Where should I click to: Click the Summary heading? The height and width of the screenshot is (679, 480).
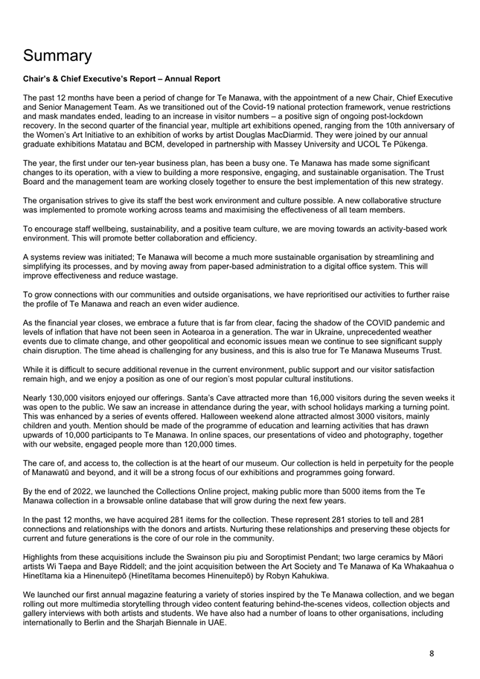57,56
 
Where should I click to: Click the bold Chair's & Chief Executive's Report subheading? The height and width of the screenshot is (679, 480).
121,79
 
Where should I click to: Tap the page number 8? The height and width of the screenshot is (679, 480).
432,653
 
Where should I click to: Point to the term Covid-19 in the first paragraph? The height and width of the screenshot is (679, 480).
220,107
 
